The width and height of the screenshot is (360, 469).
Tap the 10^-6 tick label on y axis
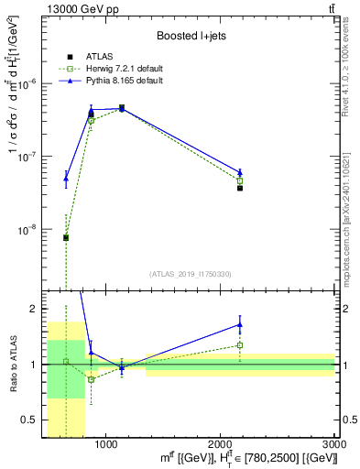coord(33,82)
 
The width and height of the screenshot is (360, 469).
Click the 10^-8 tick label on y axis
coord(33,230)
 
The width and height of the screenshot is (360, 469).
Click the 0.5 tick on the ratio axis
coord(32,420)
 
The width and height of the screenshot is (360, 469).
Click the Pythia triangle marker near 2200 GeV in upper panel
coord(240,172)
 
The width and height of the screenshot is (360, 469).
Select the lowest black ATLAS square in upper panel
coord(66,237)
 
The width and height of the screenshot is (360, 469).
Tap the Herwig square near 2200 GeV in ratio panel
coord(240,345)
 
